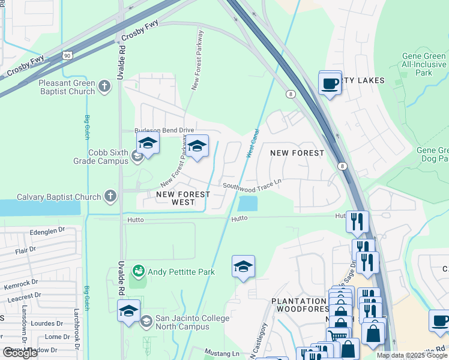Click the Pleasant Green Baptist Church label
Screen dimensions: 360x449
[66, 87]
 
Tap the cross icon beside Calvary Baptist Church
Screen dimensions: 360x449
[110, 196]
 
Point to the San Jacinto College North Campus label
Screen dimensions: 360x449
[184, 322]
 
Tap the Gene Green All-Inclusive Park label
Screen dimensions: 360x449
[424, 64]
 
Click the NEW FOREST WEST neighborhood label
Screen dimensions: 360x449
[183, 199]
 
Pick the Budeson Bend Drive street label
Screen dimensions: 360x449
[164, 130]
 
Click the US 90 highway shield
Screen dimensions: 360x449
[65, 56]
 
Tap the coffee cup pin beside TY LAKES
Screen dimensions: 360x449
[330, 82]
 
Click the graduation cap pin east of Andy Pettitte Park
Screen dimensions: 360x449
[243, 266]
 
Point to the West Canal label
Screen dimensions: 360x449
[252, 143]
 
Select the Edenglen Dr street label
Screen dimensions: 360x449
[46, 230]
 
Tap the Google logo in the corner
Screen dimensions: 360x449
[20, 353]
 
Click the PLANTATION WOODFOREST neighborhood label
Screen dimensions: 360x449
[299, 305]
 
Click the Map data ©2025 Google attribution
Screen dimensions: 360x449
[412, 355]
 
